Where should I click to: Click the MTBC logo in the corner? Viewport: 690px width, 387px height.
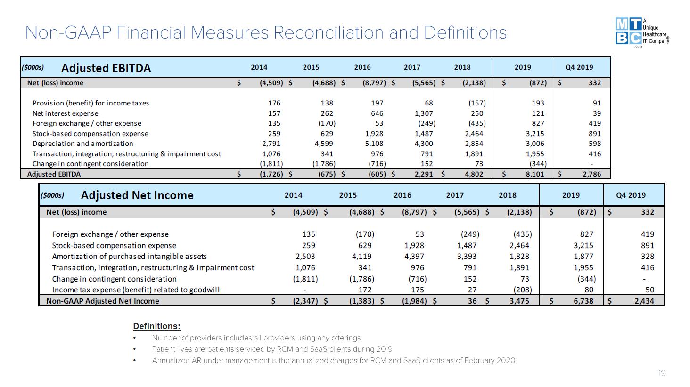642,32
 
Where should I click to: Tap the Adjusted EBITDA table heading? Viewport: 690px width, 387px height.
106,68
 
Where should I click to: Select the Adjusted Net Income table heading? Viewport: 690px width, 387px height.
137,195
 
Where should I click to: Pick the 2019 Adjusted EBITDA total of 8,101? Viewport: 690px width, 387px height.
535,174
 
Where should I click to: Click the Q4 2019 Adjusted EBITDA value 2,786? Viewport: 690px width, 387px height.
591,174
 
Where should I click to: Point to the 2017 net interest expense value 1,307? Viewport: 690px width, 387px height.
424,113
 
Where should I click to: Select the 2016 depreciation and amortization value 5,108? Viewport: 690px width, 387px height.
374,144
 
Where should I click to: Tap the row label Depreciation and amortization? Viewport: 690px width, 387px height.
82,144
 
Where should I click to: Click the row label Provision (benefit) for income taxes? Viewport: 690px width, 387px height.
90,103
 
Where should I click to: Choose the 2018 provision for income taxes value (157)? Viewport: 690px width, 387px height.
477,103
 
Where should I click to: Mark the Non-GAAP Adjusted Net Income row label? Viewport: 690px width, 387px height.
103,301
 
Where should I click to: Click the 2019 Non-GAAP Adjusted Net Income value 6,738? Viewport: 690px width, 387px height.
583,301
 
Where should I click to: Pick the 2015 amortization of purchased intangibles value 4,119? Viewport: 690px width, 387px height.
361,256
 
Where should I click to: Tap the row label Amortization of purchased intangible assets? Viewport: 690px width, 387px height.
129,256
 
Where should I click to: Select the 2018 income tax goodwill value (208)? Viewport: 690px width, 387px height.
522,290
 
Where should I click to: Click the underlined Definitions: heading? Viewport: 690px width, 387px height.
157,326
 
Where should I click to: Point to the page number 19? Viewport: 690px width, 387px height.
662,373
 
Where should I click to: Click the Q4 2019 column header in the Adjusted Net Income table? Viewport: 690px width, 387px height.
631,195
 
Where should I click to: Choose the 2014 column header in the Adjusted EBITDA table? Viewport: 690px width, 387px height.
259,67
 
